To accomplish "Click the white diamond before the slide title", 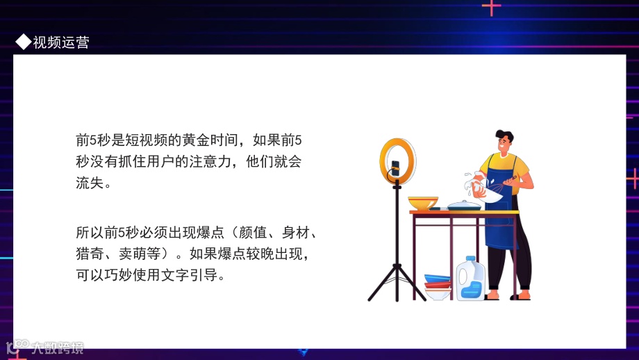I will (x=23, y=42).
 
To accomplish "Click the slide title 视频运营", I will (x=61, y=42).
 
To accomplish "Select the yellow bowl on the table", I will (x=423, y=203).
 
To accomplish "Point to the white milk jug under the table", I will (x=471, y=279).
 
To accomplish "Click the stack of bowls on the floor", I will (x=438, y=286).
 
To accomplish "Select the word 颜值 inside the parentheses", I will (x=251, y=231).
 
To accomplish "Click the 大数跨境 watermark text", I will (x=56, y=347).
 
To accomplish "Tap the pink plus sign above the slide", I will (x=491, y=7).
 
